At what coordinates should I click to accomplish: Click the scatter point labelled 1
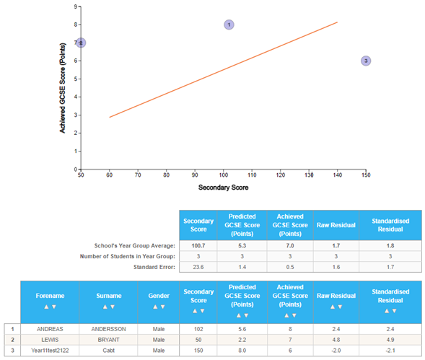[x=229, y=25]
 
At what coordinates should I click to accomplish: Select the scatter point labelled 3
[x=366, y=61]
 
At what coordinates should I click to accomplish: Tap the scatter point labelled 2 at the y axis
[x=81, y=43]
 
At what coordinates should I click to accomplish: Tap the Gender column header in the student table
[x=158, y=297]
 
